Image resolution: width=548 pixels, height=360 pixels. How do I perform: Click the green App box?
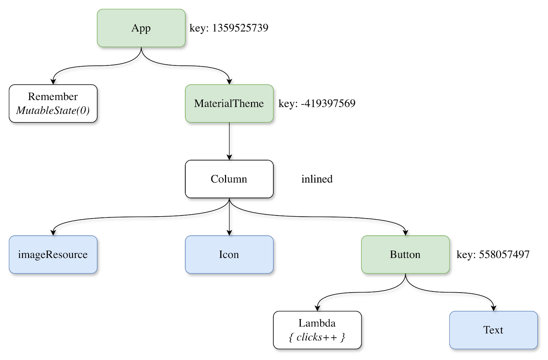tap(141, 28)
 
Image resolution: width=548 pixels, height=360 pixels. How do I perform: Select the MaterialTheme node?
tap(229, 103)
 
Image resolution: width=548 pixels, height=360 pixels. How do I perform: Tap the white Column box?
tap(229, 179)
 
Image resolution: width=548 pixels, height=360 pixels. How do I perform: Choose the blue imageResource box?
tap(53, 255)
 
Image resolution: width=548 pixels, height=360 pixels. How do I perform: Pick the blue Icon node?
tap(229, 255)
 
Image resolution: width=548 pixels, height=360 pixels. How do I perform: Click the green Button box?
tap(405, 255)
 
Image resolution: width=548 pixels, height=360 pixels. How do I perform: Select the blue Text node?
tap(493, 330)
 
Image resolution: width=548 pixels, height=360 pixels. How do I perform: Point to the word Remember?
tap(53, 97)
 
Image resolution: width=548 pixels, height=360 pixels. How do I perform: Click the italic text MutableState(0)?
tap(53, 110)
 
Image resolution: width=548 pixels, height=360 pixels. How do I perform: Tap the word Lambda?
tap(317, 323)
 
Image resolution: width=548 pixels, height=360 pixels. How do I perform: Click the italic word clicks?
tap(309, 337)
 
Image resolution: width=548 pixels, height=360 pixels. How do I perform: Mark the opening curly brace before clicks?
tap(291, 337)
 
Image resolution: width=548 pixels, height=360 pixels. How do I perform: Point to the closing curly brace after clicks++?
tap(343, 337)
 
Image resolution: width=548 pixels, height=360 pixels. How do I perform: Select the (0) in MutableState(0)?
tap(83, 110)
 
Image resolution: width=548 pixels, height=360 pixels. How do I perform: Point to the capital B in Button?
tap(393, 255)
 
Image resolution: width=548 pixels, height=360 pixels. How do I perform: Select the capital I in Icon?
tap(221, 255)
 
